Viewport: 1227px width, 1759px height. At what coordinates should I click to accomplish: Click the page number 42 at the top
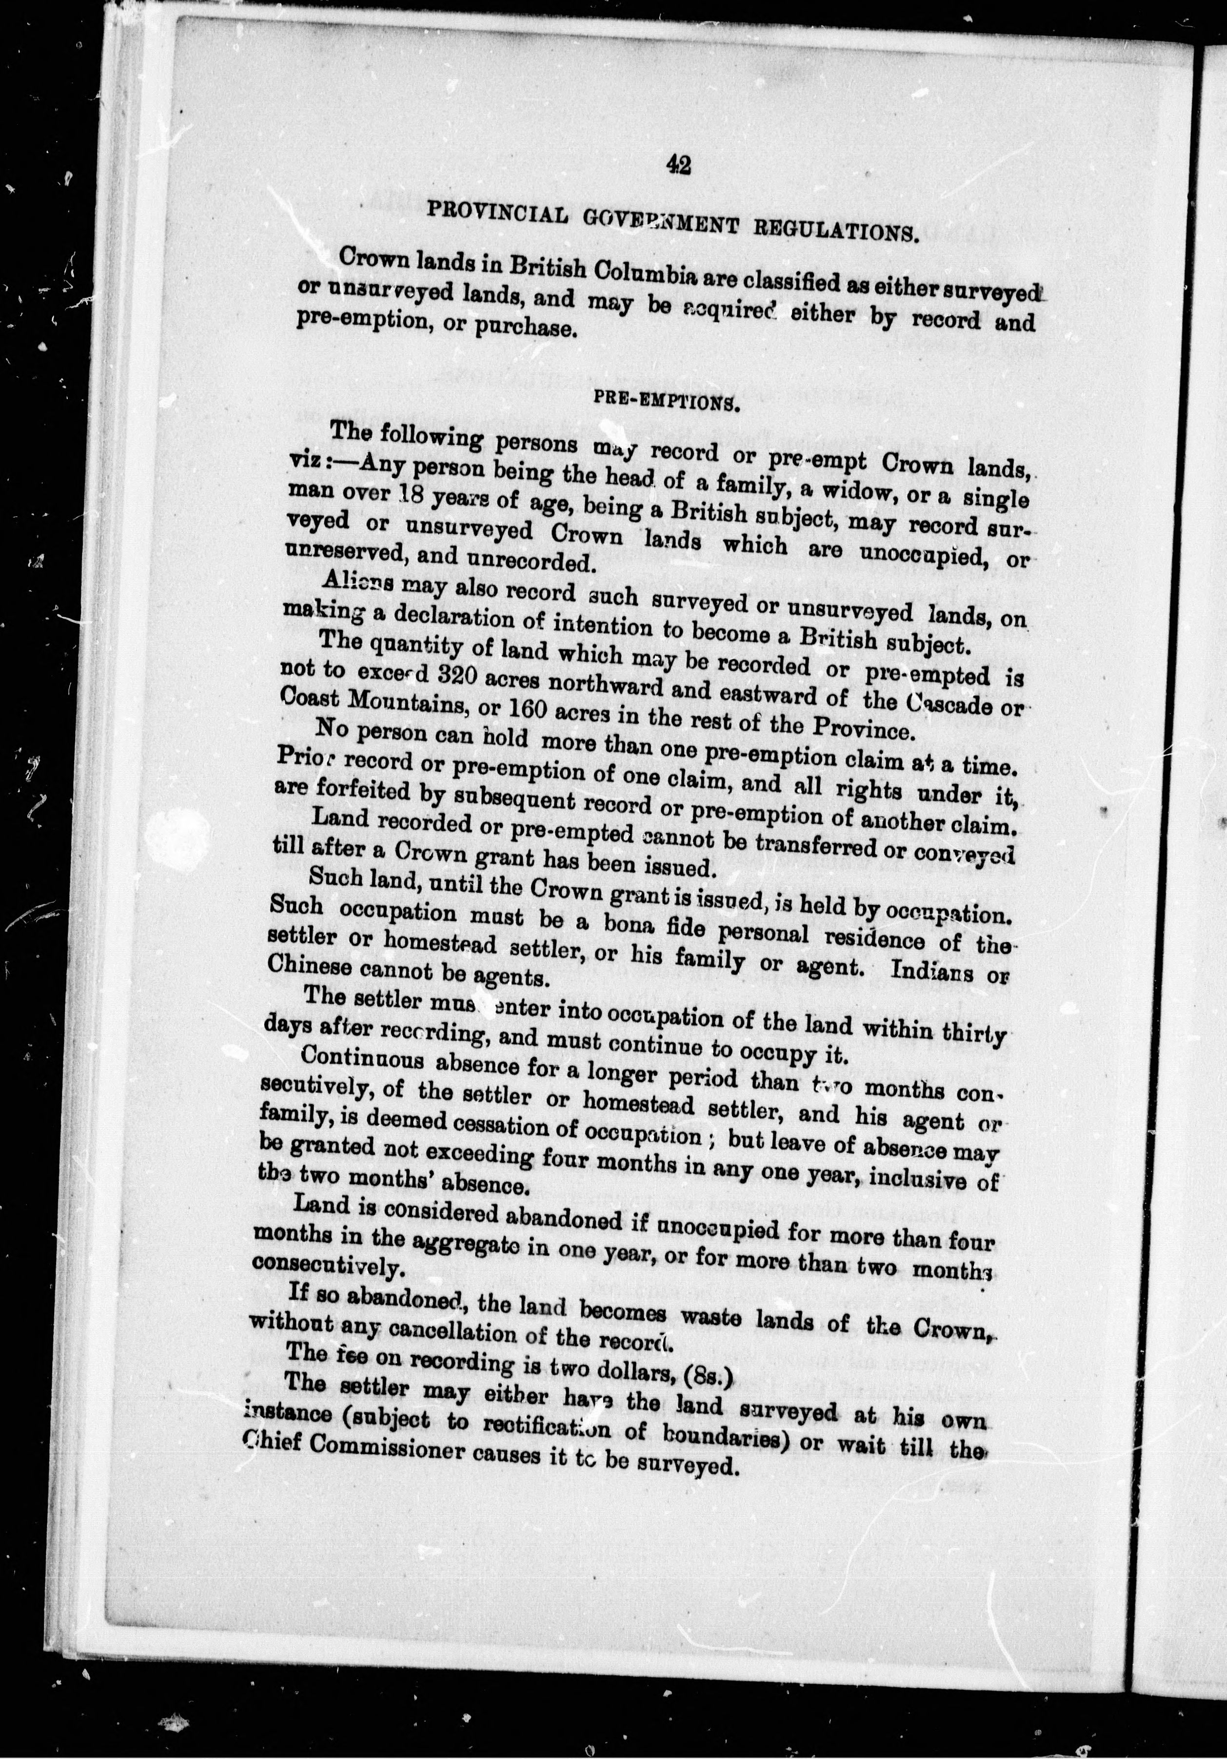coord(678,165)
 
